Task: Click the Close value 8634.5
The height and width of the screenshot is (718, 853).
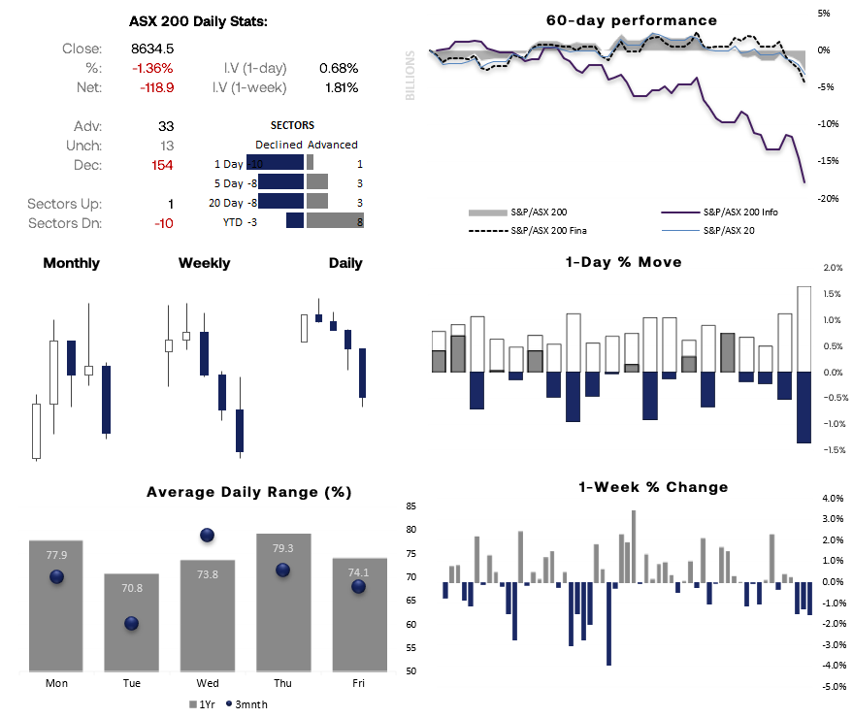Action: coord(152,49)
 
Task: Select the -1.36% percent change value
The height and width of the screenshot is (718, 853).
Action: coord(152,68)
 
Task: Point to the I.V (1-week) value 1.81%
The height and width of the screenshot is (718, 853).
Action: coord(339,87)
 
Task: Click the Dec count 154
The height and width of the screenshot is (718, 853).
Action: coord(161,165)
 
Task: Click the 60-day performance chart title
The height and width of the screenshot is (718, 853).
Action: coord(632,20)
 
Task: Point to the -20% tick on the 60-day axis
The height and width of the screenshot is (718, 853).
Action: coord(824,198)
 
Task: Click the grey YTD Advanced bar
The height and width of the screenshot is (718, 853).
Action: coord(335,221)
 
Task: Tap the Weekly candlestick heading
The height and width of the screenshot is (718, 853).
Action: coord(204,263)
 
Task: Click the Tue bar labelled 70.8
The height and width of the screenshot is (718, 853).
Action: coord(132,621)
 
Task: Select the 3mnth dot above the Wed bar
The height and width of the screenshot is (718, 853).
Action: coord(207,535)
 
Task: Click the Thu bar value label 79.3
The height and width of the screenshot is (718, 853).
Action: coord(282,548)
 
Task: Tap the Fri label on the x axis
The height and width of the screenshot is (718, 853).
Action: coord(358,683)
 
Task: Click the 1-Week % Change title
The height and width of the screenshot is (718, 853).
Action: coord(652,487)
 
